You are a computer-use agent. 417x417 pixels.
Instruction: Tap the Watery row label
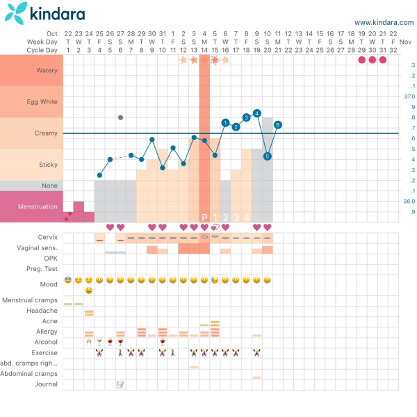coord(47,70)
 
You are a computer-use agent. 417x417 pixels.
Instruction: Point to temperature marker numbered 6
coord(278,124)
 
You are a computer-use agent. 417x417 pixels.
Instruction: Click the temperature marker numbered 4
coord(256,113)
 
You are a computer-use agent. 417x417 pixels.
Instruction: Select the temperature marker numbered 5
coord(268,156)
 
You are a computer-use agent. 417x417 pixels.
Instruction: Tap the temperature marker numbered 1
coord(225,122)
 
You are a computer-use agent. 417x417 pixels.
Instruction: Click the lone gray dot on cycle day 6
coord(120,117)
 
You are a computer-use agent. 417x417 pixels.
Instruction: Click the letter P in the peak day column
coord(204,217)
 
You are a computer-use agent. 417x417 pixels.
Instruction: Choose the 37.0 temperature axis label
coord(409,97)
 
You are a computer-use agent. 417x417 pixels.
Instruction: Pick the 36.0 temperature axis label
coord(409,202)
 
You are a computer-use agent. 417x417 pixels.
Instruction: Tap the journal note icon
coord(120,384)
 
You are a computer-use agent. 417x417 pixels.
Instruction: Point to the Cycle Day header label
coord(43,49)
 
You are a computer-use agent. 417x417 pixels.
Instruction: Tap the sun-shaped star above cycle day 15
coord(215,60)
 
